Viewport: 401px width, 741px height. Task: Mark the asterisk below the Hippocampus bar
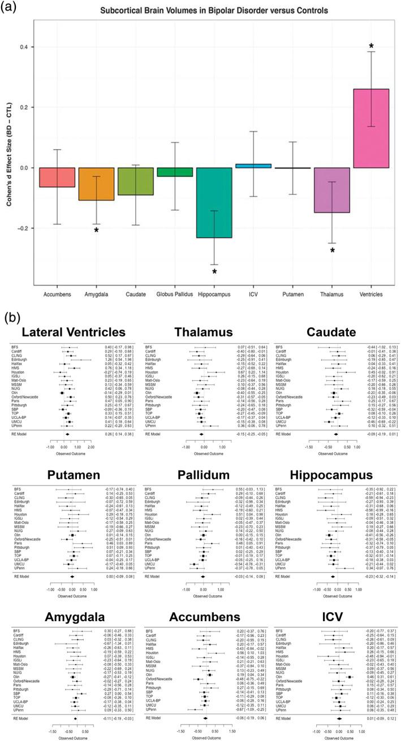click(214, 272)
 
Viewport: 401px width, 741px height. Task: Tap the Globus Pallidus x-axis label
click(175, 294)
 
